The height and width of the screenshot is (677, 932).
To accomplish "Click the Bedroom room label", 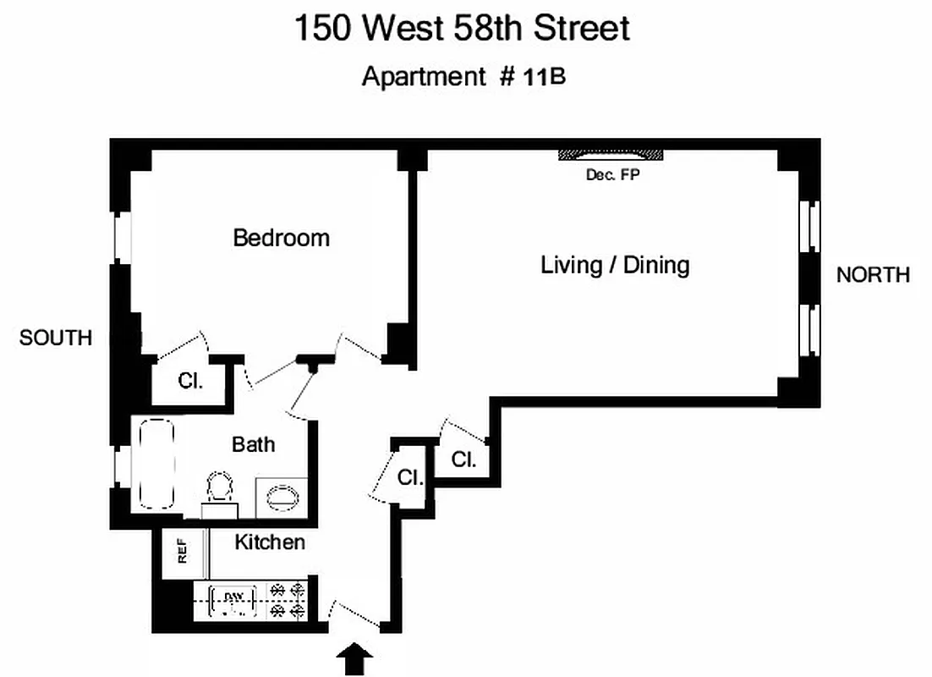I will pyautogui.click(x=281, y=238).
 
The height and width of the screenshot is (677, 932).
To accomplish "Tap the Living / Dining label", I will pyautogui.click(x=615, y=265).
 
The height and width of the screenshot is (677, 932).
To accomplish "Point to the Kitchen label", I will pyautogui.click(x=270, y=542).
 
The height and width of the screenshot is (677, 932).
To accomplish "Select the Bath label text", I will pyautogui.click(x=253, y=443).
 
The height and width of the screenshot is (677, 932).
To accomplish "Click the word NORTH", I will pyautogui.click(x=873, y=274).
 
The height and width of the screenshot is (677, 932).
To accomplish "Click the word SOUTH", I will pyautogui.click(x=56, y=338).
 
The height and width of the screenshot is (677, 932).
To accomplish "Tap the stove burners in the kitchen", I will pyautogui.click(x=287, y=600).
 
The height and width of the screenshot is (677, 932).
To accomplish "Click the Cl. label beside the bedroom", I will pyautogui.click(x=190, y=381).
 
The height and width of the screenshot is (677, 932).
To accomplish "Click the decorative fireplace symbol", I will pyautogui.click(x=611, y=156).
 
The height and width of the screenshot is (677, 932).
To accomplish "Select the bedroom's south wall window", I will pyautogui.click(x=123, y=237).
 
